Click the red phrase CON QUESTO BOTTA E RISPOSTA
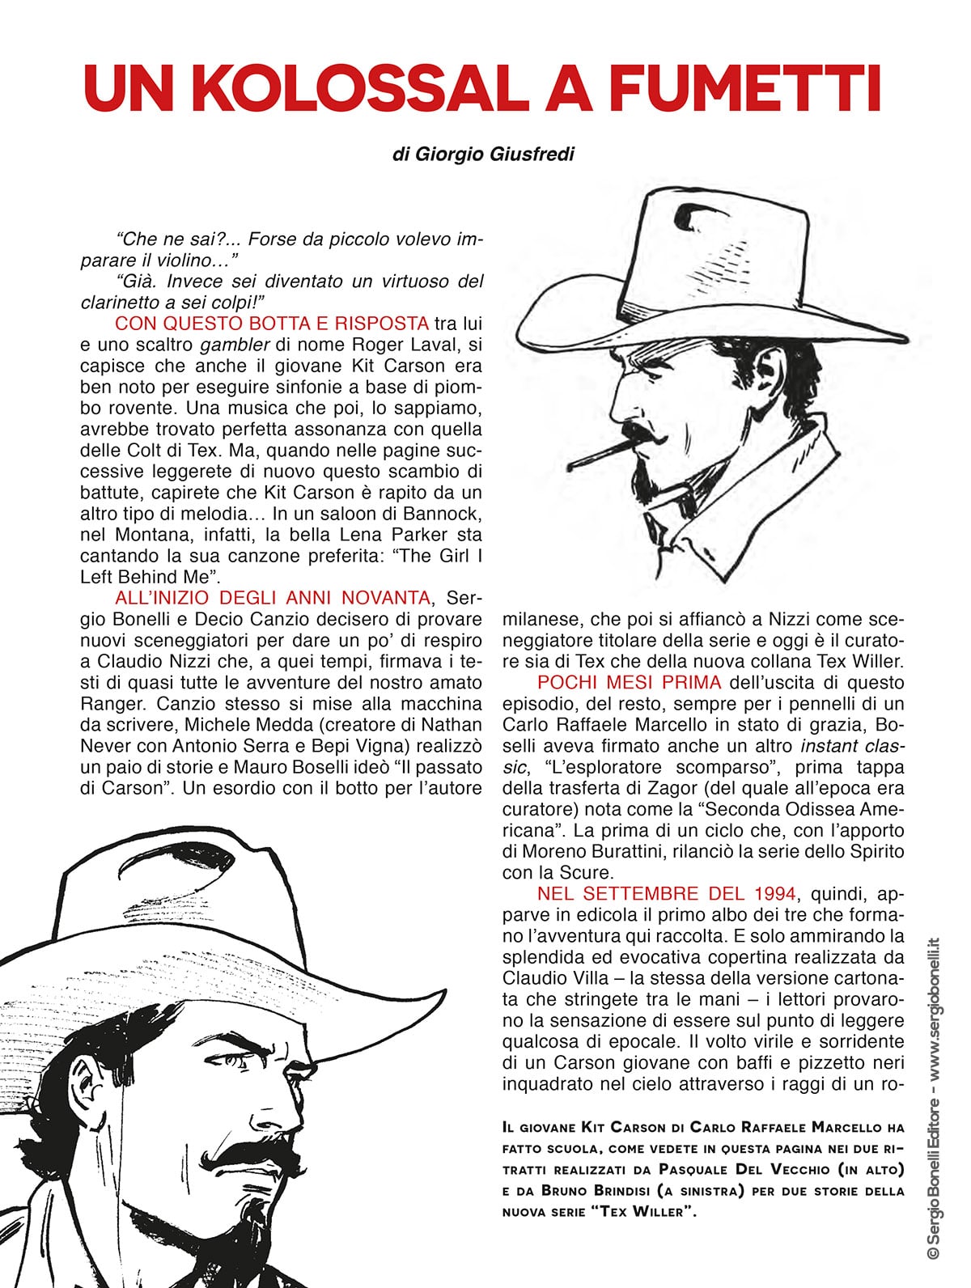(272, 324)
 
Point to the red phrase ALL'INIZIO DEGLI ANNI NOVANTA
(273, 598)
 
